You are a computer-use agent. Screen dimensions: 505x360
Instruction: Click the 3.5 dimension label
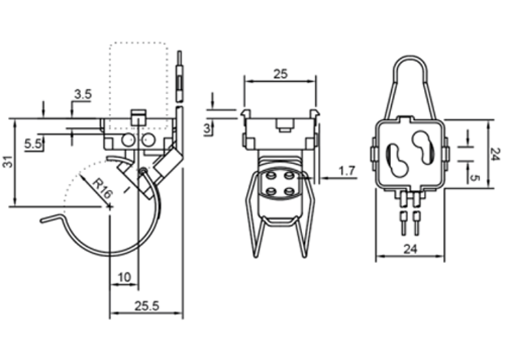83,95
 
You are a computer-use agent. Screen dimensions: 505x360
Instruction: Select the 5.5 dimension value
33,144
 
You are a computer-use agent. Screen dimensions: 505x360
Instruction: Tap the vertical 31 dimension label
9,162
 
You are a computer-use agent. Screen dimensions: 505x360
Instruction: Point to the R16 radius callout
103,189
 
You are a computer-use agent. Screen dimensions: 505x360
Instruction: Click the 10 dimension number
124,277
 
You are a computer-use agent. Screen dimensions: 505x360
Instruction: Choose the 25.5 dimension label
147,306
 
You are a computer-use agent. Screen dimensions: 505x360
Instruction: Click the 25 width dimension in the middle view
280,74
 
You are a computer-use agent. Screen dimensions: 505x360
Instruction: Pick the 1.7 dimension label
347,170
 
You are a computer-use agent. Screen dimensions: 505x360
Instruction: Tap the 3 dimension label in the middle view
207,128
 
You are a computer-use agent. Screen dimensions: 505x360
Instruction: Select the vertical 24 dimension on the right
496,154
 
